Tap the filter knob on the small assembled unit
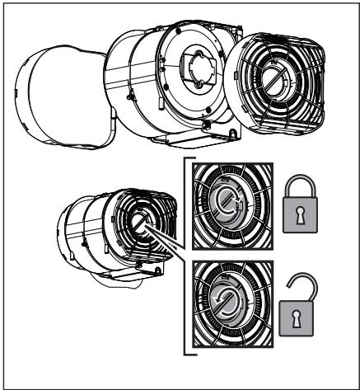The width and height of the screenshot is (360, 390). [x=139, y=224]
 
